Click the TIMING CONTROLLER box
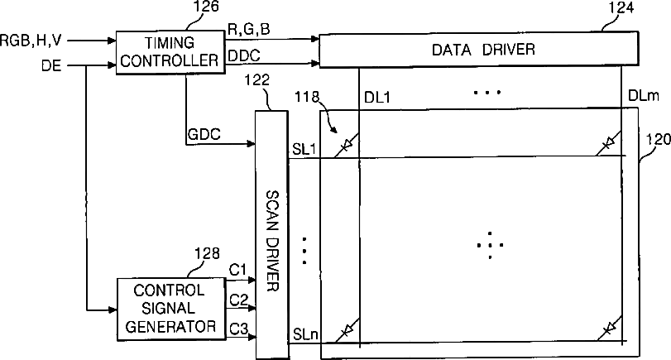coord(170,52)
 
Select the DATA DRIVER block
coord(479,49)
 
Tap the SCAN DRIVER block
coord(271,234)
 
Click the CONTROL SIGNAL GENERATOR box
coord(171,309)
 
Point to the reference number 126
coord(206,7)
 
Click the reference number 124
coord(621,8)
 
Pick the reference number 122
coord(256,80)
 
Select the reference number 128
coord(207,253)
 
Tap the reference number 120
coord(658,140)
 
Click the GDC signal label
coord(204,134)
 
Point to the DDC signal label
coord(244,55)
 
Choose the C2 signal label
coord(239,300)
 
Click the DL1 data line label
coord(377,98)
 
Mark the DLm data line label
coord(644,95)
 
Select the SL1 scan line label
coord(304,149)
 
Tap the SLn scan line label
coord(305,334)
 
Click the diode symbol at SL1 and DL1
coord(346,146)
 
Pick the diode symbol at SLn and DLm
coord(609,329)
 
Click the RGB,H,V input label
coord(31,41)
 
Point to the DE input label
coord(51,65)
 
